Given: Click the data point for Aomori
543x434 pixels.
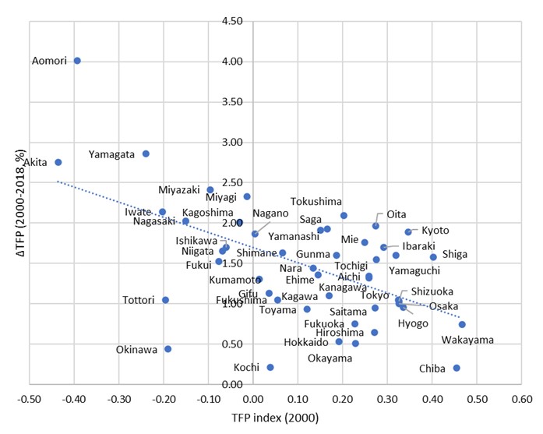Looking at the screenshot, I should [x=77, y=61].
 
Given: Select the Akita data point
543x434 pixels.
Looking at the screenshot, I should [x=58, y=162].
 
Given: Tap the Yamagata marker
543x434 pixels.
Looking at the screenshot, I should [x=146, y=153].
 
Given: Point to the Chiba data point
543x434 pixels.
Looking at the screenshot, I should [x=457, y=368].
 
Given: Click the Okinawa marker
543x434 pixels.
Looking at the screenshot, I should [x=167, y=349].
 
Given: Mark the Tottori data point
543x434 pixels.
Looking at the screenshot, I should [x=165, y=300].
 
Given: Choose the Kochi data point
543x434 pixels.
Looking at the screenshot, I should [x=270, y=367].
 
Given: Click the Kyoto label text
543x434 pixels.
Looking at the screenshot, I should [x=435, y=230].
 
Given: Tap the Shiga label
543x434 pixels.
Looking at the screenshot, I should [x=456, y=254].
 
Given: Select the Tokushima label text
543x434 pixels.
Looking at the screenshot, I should [x=316, y=200].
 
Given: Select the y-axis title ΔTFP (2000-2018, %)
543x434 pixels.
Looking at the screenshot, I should [x=13, y=202].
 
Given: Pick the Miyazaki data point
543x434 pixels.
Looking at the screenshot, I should [x=210, y=189].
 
